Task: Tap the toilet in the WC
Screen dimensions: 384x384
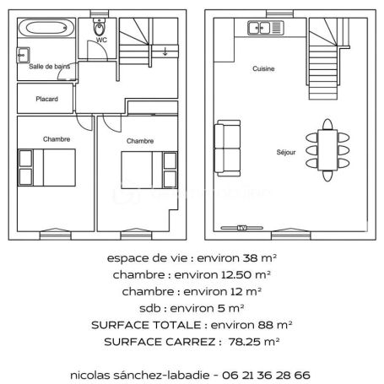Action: coord(99,29)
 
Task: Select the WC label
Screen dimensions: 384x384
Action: coord(101,41)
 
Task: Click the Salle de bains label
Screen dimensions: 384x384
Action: coord(49,66)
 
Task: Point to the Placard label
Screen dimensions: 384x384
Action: coord(46,99)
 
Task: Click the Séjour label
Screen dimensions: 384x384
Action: coord(286,153)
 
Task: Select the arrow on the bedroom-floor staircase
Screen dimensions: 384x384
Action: coord(164,52)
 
